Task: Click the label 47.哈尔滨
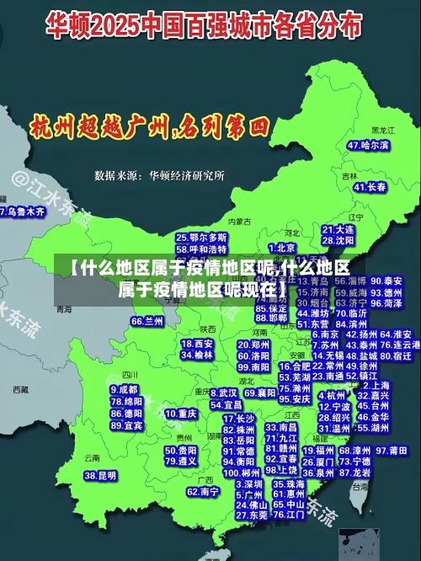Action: tap(369, 145)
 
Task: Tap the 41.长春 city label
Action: tap(371, 186)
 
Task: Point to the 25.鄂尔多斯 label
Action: tap(201, 238)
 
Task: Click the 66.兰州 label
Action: tap(147, 321)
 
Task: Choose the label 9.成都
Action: tap(124, 390)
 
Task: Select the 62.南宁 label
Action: tap(203, 491)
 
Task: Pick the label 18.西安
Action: tap(197, 344)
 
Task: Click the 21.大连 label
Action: tap(338, 229)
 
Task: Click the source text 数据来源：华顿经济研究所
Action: tap(159, 175)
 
